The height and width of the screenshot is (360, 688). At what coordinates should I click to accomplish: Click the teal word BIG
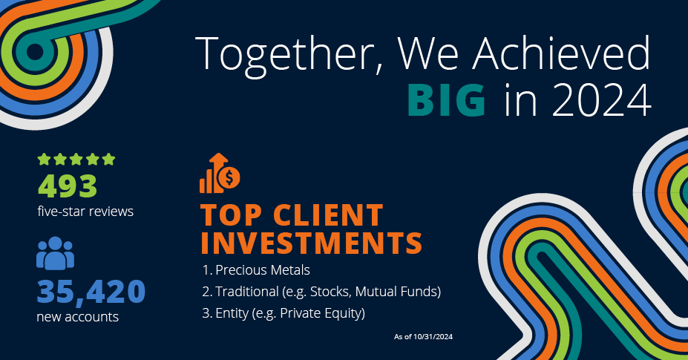click(x=447, y=99)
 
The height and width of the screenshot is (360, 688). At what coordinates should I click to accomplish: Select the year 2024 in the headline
click(x=602, y=99)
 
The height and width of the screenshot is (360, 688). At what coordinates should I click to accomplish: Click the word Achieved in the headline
click(x=562, y=53)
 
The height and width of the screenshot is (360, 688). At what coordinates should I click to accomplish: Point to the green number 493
click(x=68, y=186)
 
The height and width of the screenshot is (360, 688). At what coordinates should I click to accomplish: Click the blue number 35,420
click(x=91, y=292)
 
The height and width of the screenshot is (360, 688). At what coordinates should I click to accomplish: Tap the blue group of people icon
click(x=55, y=253)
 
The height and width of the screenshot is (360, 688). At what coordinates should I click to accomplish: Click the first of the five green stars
click(x=44, y=159)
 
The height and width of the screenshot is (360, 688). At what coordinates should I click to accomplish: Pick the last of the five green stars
click(x=108, y=159)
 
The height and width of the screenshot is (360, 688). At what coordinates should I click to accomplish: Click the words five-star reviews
click(x=85, y=212)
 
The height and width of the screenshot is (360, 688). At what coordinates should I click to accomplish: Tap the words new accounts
click(x=78, y=317)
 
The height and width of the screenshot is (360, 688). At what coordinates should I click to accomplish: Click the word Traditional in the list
click(x=247, y=292)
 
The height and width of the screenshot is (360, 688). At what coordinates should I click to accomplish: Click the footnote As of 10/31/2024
click(x=424, y=337)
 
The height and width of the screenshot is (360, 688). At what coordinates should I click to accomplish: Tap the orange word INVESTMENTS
click(x=312, y=243)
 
